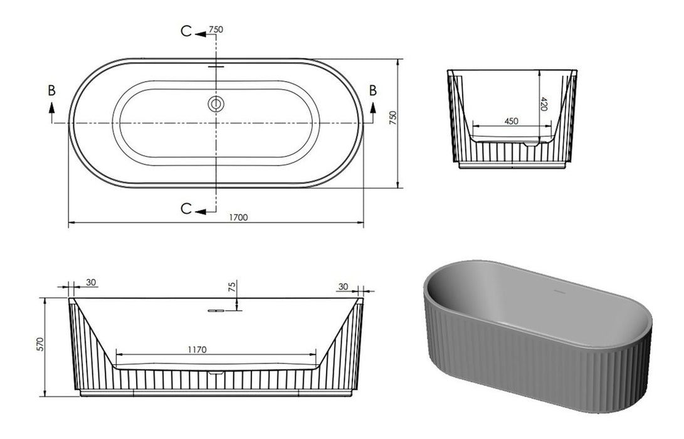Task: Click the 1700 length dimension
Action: coord(238,217)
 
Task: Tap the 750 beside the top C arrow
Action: coord(217,29)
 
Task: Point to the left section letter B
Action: coord(51,90)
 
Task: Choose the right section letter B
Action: coord(373,90)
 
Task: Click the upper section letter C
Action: coord(186,33)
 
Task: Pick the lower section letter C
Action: coord(186,209)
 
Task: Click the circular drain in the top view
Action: coord(216,103)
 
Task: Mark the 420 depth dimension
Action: coord(544,103)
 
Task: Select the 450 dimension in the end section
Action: coord(511,121)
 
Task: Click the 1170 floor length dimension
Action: coord(196,349)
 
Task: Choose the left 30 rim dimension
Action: coord(92,283)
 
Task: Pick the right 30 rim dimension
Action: coord(342,286)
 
